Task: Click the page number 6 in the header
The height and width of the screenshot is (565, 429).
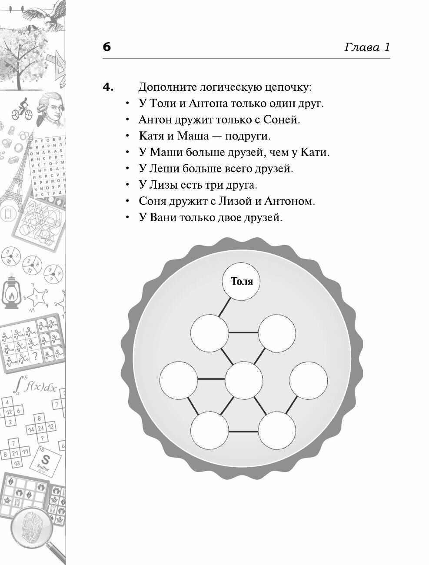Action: pos(106,47)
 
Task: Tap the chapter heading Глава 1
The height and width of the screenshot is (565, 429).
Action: pos(367,47)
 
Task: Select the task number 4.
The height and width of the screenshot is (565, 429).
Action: pos(108,87)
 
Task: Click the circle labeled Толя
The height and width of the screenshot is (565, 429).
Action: pos(242,282)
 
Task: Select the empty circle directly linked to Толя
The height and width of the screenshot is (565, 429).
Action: pos(209,333)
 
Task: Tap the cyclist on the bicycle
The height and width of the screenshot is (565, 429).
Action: pos(21,107)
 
